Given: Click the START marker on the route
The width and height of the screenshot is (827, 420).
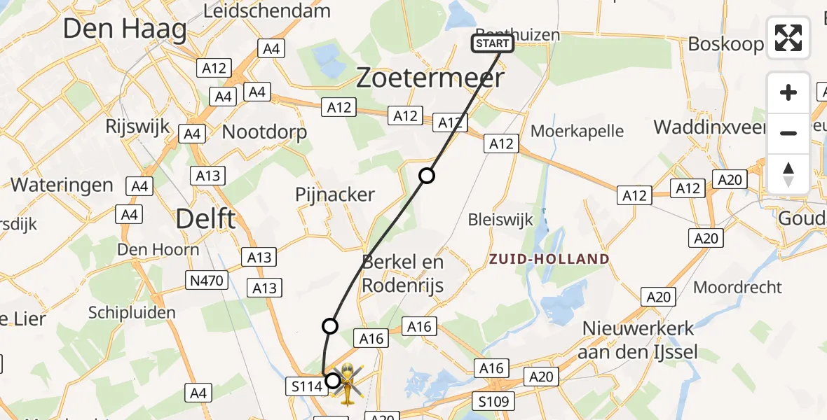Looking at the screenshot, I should pos(493,44).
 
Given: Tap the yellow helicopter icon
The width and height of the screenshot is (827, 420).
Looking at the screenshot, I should pos(348,383).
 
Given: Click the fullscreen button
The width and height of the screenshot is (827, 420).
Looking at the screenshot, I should pos(788,38).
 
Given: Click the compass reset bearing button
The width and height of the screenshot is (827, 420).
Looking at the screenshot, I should pos(788,174).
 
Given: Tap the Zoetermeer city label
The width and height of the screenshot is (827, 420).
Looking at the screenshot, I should pos(430,78).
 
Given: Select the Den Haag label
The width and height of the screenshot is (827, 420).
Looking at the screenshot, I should pos(125,29).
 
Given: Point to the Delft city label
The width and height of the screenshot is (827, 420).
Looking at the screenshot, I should pos(205,218).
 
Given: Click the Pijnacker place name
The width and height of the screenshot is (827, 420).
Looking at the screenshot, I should pos(335,194).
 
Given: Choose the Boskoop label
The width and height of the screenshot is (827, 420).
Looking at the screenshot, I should pos(725,43).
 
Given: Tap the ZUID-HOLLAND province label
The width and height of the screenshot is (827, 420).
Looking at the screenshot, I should pos(549,259).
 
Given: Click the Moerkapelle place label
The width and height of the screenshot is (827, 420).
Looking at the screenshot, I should pos(577,130).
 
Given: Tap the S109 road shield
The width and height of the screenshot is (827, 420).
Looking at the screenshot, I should pos(495,401).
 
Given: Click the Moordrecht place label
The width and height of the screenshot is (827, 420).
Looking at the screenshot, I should pos(737,287).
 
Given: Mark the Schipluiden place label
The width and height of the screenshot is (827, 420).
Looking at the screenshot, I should pos(132,312).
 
